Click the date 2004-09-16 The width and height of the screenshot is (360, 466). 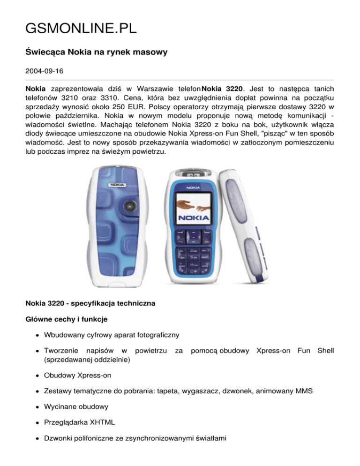pos(46,73)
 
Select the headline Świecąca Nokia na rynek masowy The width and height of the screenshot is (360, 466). pos(96,53)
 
